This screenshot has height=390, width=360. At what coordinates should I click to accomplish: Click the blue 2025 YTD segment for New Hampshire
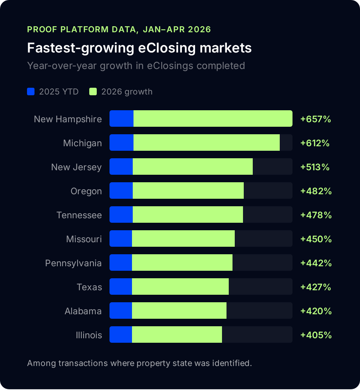tap(121, 118)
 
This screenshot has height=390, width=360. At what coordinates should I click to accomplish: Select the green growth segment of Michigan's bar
tap(207, 142)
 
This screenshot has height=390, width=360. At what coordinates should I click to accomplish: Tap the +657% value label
tap(315, 119)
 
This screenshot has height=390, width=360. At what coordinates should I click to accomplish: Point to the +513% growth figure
tap(315, 167)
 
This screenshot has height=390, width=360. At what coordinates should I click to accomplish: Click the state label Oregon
tap(86, 191)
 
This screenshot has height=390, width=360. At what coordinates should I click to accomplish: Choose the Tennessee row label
tap(79, 215)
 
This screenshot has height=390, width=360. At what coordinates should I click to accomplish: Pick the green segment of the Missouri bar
tap(183, 238)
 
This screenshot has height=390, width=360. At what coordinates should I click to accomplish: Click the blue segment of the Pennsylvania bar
tap(121, 262)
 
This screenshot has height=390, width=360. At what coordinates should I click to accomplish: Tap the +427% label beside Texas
tap(315, 287)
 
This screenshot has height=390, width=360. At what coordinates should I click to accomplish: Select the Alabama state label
tap(83, 311)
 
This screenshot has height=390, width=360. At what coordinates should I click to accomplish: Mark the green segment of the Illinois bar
tap(177, 334)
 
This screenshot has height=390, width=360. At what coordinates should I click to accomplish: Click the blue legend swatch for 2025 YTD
tap(31, 91)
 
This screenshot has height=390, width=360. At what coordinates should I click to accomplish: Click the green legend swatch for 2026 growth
tap(93, 91)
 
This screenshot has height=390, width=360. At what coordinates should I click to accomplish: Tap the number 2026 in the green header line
tap(199, 29)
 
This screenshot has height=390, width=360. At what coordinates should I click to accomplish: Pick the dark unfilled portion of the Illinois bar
tap(257, 334)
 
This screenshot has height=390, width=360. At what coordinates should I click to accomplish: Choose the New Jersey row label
tap(76, 167)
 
